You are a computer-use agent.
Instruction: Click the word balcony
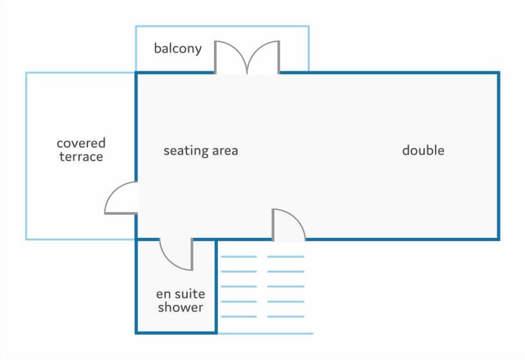[178, 49]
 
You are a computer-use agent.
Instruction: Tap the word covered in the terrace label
[81, 143]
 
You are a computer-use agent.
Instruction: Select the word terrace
[81, 156]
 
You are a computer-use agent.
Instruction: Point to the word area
[225, 151]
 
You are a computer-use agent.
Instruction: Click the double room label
[423, 150]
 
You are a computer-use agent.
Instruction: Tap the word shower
[180, 307]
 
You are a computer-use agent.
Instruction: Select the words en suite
[180, 294]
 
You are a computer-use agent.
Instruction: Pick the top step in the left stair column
[239, 257]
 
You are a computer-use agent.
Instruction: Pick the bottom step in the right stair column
[285, 316]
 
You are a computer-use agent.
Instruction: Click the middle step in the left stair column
[239, 287]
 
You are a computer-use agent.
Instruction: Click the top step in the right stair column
[285, 257]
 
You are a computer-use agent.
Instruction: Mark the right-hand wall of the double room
[499, 156]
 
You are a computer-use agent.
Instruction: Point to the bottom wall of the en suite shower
[176, 333]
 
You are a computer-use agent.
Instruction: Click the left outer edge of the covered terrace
[26, 156]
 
